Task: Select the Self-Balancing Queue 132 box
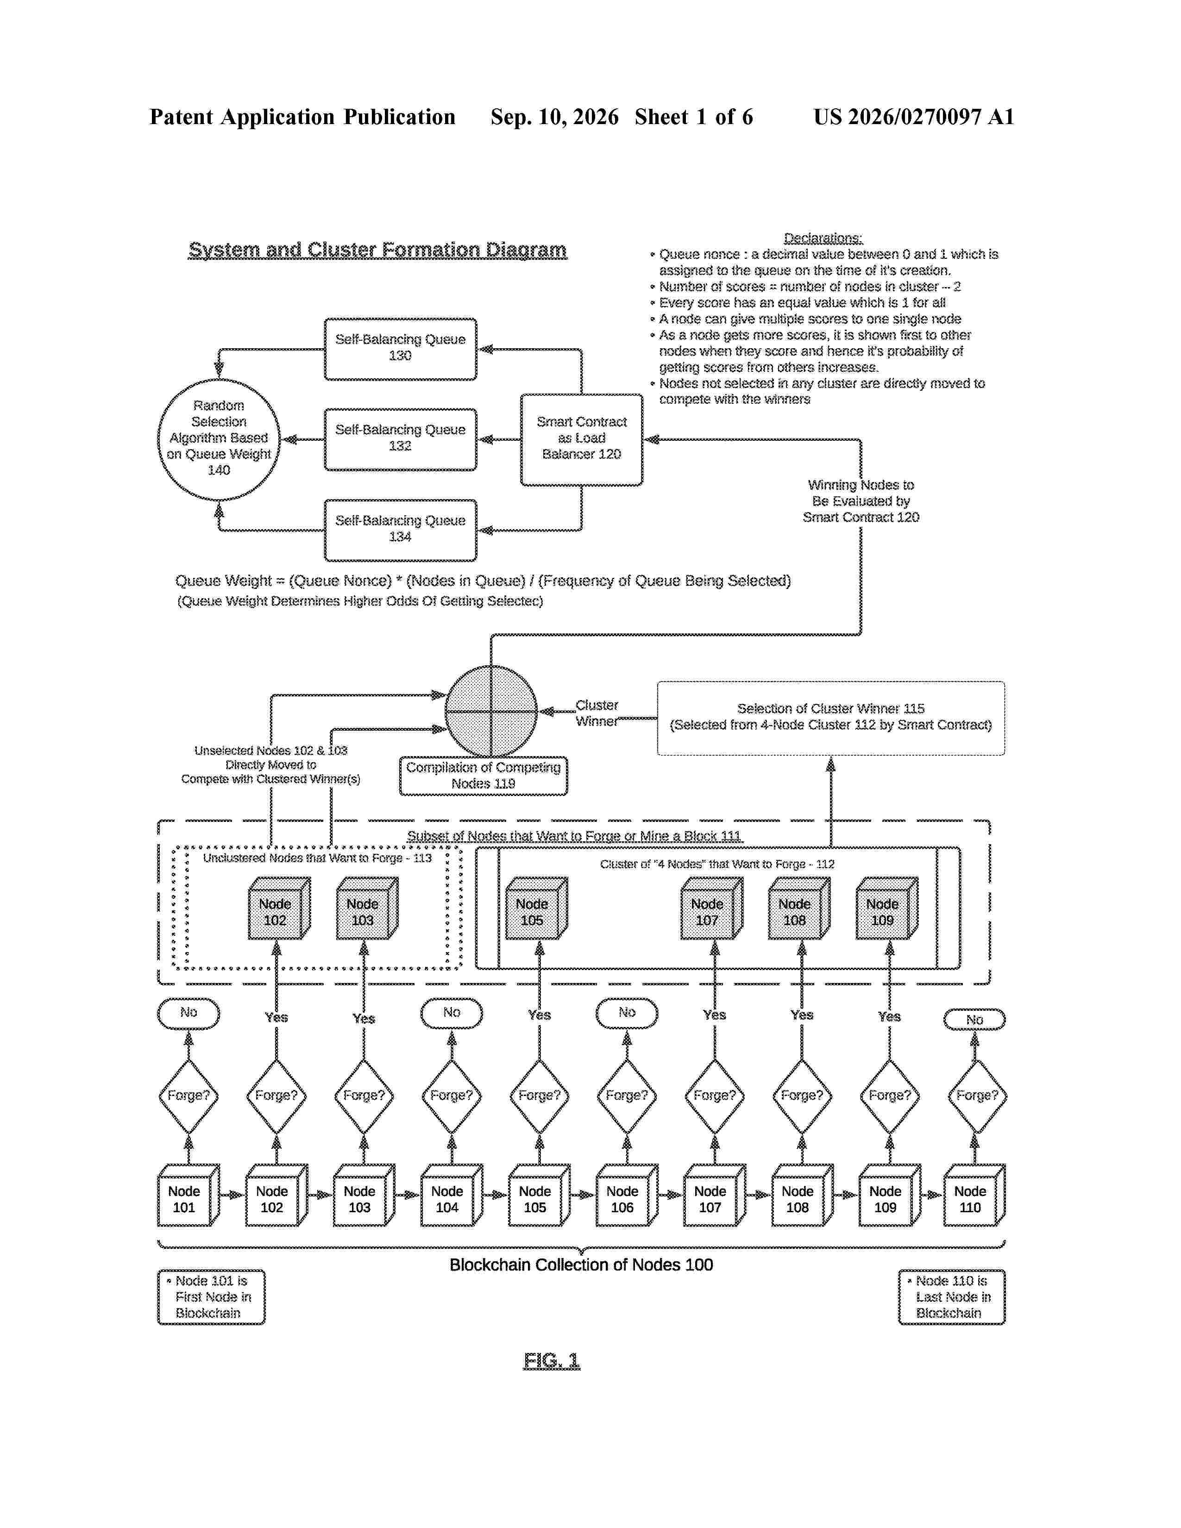pyautogui.click(x=400, y=439)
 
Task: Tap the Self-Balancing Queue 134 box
pyautogui.click(x=400, y=530)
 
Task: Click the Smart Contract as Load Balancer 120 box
pyautogui.click(x=581, y=439)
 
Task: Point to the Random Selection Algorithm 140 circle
pyautogui.click(x=219, y=439)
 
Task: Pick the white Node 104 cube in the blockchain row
pyautogui.click(x=451, y=1195)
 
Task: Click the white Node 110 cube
pyautogui.click(x=974, y=1195)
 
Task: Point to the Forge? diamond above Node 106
pyautogui.click(x=627, y=1096)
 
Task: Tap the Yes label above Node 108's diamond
pyautogui.click(x=802, y=1014)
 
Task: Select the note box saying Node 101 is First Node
pyautogui.click(x=211, y=1297)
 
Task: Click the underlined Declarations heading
pyautogui.click(x=823, y=238)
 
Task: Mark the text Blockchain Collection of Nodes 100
pyautogui.click(x=581, y=1264)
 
